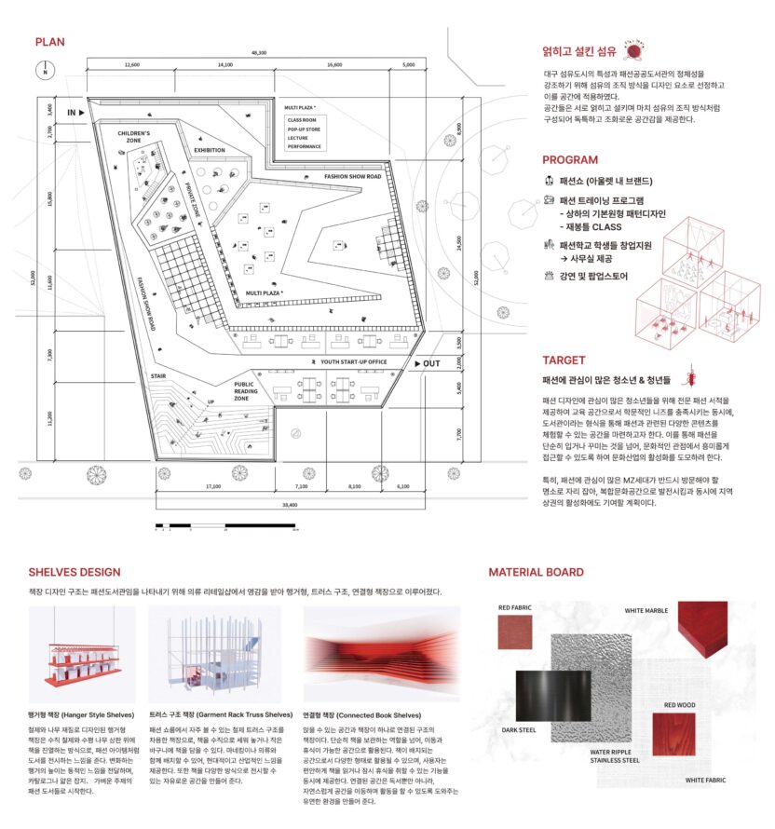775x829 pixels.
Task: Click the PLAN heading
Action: [50, 41]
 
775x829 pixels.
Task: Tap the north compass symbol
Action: [44, 70]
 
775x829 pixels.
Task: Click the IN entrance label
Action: [75, 112]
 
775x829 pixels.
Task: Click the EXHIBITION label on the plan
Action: [210, 150]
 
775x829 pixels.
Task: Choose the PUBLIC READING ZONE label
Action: [244, 391]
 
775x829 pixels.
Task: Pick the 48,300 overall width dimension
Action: [258, 53]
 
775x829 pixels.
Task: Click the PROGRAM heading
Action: [570, 159]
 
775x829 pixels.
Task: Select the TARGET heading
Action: [564, 360]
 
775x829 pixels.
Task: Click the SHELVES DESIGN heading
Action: [75, 572]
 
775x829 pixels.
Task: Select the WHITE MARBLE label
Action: [646, 611]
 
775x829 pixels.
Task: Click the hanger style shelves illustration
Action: [82, 649]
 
